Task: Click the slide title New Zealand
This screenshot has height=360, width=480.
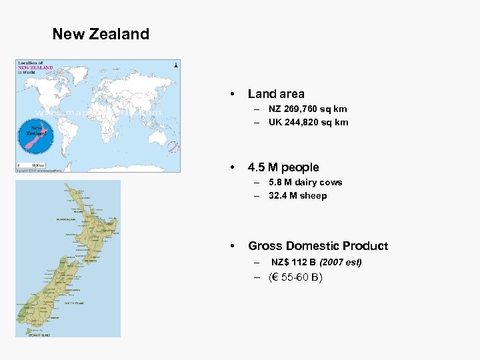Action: pos(101,34)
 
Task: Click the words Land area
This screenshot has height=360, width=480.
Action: pos(276,94)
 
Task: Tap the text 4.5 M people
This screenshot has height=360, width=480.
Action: pos(283,167)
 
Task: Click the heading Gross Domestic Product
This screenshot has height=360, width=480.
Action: pos(318,246)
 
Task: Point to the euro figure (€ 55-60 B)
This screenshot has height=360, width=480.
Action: pos(295,277)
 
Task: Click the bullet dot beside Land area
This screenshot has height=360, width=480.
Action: pos(231,94)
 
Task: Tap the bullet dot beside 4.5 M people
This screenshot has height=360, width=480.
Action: pos(231,167)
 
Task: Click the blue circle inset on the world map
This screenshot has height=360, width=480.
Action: pos(35,137)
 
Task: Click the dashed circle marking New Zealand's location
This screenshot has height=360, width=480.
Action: pos(173,147)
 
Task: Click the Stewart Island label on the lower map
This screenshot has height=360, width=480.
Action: pos(37,333)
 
